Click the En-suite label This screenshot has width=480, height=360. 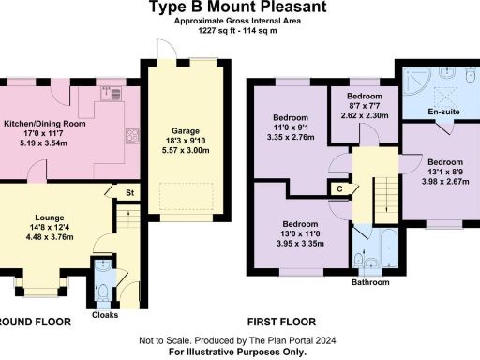click(441, 112)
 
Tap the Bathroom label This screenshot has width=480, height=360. click(370, 280)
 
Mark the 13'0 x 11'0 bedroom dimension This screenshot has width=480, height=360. click(288, 234)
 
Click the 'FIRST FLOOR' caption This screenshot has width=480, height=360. click(276, 320)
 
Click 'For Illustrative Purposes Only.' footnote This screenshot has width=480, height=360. click(237, 352)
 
